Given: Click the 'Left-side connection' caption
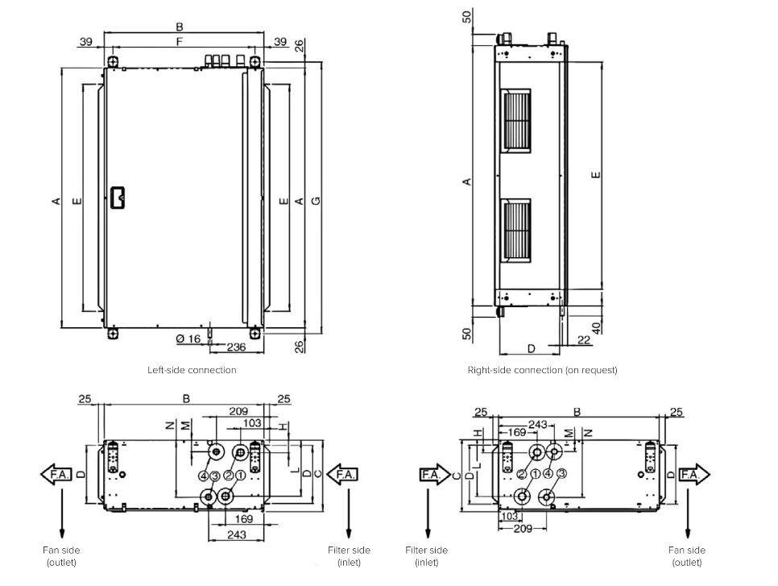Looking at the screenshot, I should [x=192, y=370].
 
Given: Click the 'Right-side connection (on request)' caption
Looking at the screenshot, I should [x=542, y=370].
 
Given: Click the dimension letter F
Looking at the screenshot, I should [x=179, y=40].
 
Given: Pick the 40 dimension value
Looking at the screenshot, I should [x=595, y=328].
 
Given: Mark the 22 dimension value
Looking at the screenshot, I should [x=583, y=341].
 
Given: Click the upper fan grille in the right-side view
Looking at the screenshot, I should [x=516, y=119].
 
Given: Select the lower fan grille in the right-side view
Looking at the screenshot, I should [x=516, y=230].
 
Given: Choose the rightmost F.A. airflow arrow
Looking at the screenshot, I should [x=694, y=475].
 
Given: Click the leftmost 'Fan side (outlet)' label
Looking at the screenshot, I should [x=62, y=555].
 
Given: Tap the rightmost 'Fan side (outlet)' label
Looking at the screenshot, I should [x=686, y=555].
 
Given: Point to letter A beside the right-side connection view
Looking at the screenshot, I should [x=467, y=182].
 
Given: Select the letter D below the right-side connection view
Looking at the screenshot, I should [x=531, y=348].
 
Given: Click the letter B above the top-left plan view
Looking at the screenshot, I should [x=179, y=27].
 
